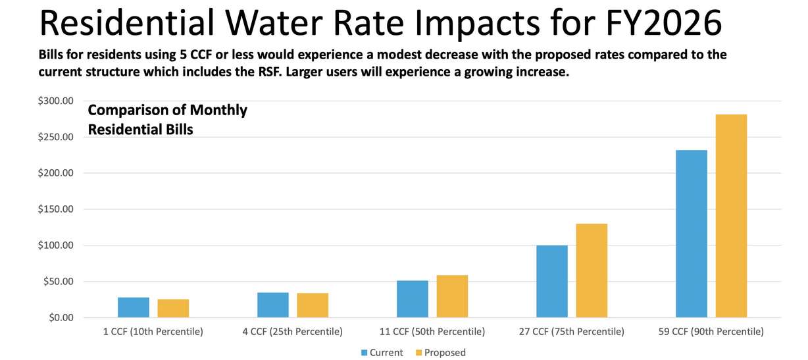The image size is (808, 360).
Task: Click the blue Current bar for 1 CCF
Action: [x=134, y=307]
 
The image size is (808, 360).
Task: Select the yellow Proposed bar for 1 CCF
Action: [x=173, y=309]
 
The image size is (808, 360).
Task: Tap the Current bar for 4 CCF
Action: [x=273, y=305]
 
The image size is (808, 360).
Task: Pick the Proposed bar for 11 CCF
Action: [x=452, y=296]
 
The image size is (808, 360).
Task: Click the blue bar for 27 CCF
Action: [x=552, y=282]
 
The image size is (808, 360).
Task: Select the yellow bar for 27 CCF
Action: [x=592, y=270]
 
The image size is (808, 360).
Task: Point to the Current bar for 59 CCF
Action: [x=692, y=234]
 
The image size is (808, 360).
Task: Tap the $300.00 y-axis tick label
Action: [x=57, y=101]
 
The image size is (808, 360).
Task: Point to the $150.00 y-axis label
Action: [x=57, y=209]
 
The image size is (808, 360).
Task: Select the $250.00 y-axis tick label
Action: [x=57, y=137]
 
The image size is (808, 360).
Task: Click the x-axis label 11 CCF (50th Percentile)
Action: [x=432, y=332]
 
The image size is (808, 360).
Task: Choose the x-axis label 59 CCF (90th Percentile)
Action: [x=711, y=332]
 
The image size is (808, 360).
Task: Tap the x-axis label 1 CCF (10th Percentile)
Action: [x=153, y=332]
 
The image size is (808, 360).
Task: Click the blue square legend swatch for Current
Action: [x=365, y=353]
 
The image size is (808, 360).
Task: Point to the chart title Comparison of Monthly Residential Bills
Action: [x=167, y=120]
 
